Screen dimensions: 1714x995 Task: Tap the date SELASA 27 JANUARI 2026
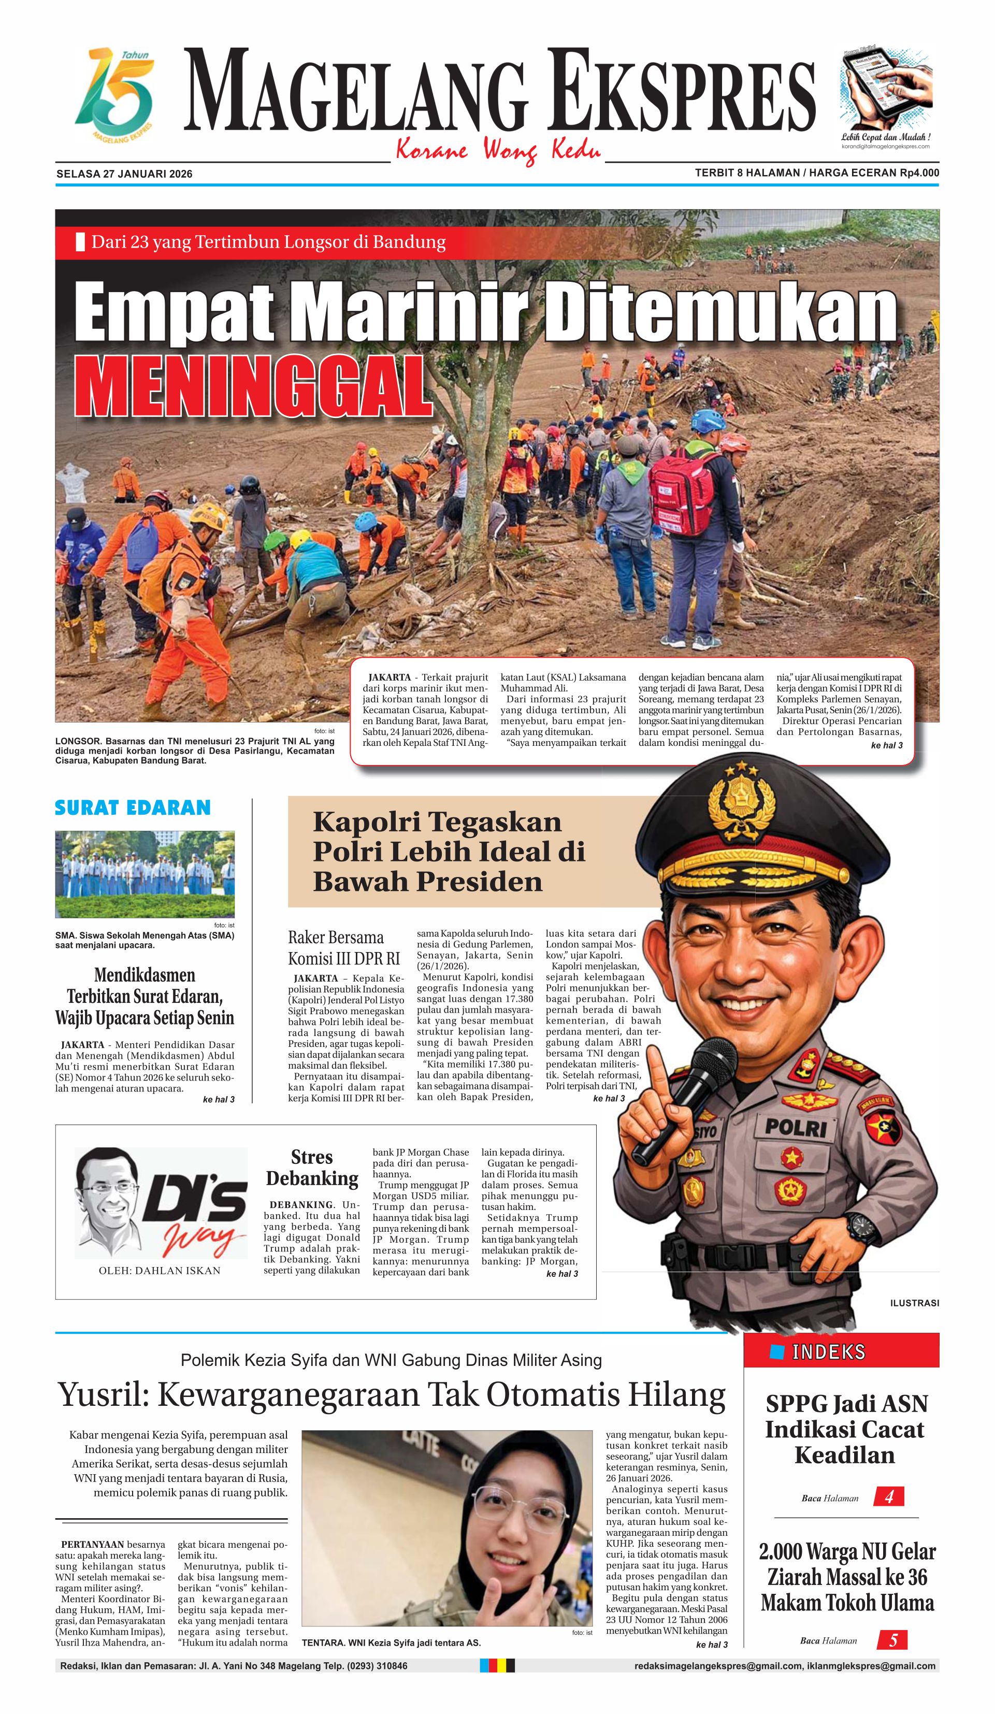124,174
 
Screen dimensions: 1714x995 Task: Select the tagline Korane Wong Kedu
498,150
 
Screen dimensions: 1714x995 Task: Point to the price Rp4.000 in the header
919,173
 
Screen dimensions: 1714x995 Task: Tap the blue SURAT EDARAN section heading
133,808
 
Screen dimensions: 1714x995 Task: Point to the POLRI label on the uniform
796,1128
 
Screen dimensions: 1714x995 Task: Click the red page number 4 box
888,1497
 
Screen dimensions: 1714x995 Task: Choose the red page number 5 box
893,1640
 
